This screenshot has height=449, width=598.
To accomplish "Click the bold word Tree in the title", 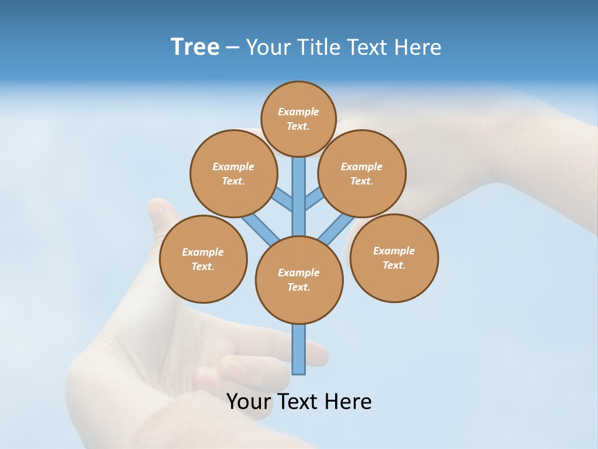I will (x=195, y=47).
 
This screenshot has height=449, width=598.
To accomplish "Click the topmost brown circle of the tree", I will (x=298, y=118).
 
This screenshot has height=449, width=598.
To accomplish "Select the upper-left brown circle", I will (x=234, y=173).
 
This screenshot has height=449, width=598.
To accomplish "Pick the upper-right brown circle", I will (x=362, y=173).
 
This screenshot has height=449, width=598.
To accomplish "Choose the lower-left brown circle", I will (x=203, y=259).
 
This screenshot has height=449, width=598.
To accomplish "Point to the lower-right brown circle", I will (x=394, y=258).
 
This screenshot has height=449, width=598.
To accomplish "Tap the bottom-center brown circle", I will (x=299, y=280).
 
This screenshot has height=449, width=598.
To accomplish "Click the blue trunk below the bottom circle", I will (x=299, y=349).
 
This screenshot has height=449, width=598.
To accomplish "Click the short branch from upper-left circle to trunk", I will (x=284, y=200).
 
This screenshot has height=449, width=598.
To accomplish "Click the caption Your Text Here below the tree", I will (x=299, y=402).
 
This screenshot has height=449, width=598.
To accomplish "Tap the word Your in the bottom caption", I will (x=247, y=402).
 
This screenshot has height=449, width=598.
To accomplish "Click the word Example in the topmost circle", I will (x=298, y=112).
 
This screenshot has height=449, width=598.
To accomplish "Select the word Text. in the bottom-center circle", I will (x=299, y=287).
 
